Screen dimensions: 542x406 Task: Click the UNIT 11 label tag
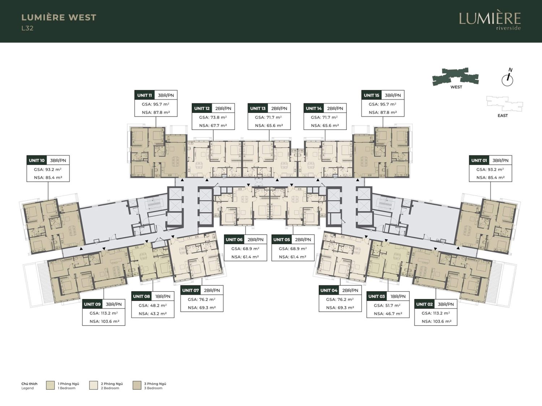coord(145,95)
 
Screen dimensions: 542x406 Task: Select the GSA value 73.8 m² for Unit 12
coord(213,117)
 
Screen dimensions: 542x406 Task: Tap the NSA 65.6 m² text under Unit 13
coord(269,126)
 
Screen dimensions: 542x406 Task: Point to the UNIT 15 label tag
coord(371,95)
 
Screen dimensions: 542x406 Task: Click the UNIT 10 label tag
coord(36,161)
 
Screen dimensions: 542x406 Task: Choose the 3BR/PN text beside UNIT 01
coord(500,161)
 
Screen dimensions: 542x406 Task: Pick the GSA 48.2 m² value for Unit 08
coord(152,305)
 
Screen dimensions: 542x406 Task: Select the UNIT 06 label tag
coord(234,240)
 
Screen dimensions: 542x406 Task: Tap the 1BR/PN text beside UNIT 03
coord(398,297)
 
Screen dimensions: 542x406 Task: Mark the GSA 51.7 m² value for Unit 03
coord(388,305)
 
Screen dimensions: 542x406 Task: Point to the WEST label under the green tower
coord(456,87)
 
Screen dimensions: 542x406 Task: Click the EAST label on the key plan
coord(503,115)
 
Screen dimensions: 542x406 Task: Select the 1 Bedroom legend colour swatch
coord(50,385)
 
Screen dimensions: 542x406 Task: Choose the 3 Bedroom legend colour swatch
coord(137,385)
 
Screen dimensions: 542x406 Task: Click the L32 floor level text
coord(27,29)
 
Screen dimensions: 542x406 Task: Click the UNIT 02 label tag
coord(425,305)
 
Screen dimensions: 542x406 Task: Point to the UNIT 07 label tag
coord(190,291)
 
